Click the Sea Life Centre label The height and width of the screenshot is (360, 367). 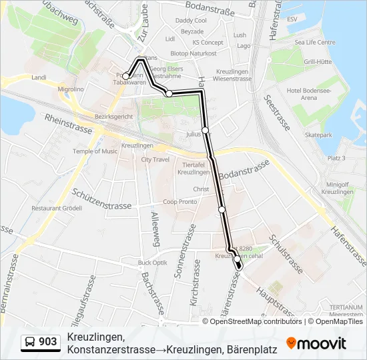pos(316,42)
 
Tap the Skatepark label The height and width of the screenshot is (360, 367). pos(318,135)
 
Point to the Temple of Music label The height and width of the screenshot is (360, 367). pos(95,151)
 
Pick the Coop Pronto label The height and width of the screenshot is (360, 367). pos(180,202)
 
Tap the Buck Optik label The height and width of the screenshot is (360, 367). pos(152,263)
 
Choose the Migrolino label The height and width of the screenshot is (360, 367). pos(71,88)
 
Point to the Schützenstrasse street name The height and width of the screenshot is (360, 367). pos(100,200)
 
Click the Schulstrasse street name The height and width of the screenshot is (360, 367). pos(286,253)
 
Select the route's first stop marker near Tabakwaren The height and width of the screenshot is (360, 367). pos(126,77)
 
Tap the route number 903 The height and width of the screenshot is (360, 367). pos(48,342)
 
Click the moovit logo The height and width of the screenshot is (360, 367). pos(316,343)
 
